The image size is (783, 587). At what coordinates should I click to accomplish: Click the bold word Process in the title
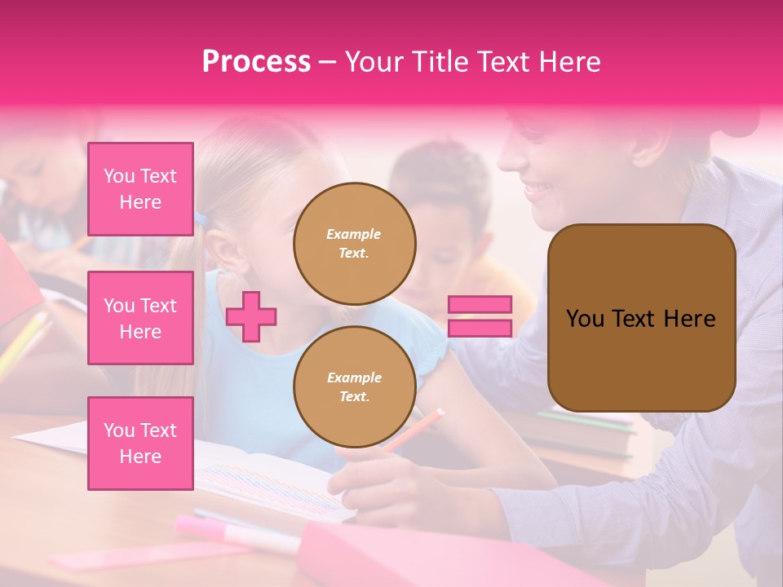pos(256,62)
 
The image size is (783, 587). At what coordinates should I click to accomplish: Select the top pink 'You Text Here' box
pos(140,189)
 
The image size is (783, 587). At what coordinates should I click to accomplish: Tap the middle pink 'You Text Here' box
pos(140,318)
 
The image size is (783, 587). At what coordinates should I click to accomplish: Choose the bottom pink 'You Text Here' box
pos(140,444)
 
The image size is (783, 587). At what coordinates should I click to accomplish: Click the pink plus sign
pos(251,316)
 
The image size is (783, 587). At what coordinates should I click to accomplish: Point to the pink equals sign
pos(480,316)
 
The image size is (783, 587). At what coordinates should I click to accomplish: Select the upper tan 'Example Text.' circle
pos(354,243)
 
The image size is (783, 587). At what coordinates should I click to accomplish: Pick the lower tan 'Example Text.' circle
pos(354,386)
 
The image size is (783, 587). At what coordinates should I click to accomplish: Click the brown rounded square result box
pos(641,318)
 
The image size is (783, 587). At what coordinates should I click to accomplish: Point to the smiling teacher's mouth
pos(538,192)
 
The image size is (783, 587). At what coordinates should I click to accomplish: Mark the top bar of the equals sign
pos(480,305)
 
